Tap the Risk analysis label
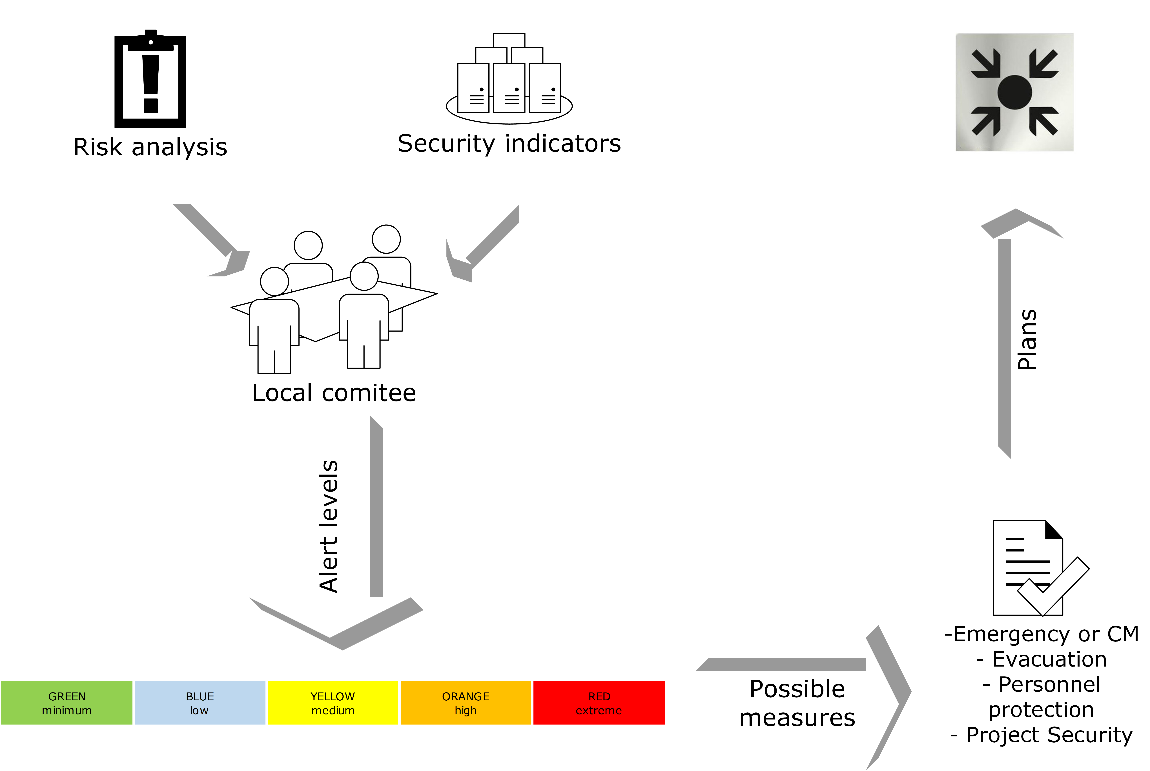coord(150,147)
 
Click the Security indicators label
coord(509,144)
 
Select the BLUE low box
coord(200,703)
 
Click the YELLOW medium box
coord(333,703)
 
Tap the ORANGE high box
coord(466,703)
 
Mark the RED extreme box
coord(599,703)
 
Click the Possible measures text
coord(797,703)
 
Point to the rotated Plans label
coord(1027,339)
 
